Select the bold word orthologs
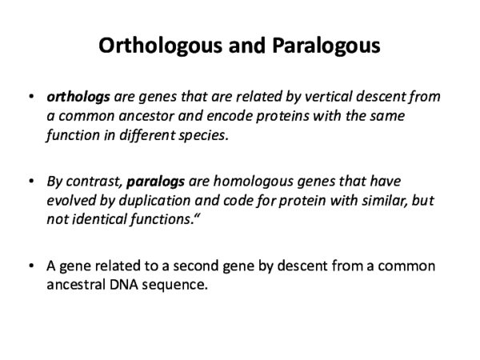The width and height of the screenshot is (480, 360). coord(78,98)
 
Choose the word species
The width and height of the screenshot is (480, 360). coord(249,134)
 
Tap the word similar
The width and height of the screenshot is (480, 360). coord(378,201)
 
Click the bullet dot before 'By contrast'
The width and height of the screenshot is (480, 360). coord(30,182)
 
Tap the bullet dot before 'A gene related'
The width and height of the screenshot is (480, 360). coord(30,266)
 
